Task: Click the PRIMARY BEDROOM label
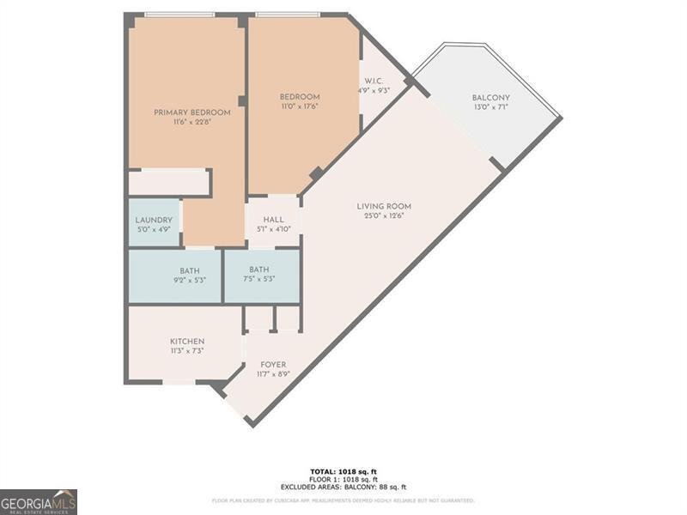tap(192, 112)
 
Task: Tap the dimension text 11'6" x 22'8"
tap(192, 123)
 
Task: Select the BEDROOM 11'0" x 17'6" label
tap(300, 101)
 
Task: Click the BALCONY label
tap(491, 97)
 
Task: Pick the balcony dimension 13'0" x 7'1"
tap(491, 107)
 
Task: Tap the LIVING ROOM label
tap(384, 206)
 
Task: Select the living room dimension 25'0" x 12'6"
tap(384, 216)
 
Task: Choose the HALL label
tap(273, 219)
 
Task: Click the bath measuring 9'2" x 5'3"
tap(190, 276)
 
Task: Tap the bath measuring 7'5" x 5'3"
tap(259, 275)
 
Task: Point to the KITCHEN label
tap(186, 342)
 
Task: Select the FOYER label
tap(273, 365)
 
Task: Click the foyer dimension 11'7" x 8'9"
tap(273, 375)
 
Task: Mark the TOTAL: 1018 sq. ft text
tap(343, 471)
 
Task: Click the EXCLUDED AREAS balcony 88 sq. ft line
tap(343, 487)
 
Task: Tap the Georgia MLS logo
tap(39, 501)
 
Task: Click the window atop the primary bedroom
tap(179, 15)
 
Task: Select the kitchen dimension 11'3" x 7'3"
tap(186, 351)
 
